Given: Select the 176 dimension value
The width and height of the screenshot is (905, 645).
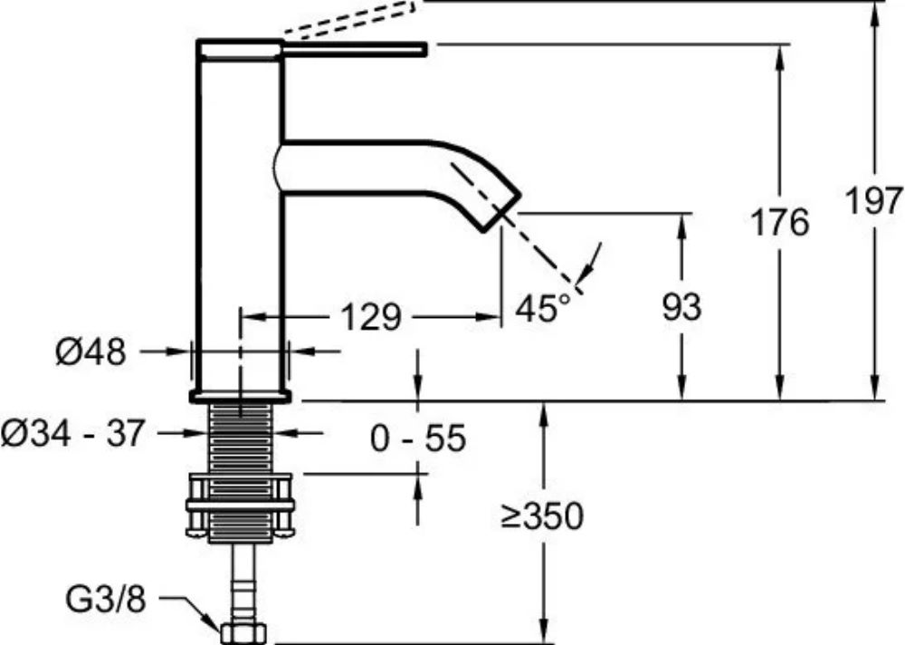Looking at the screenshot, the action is point(780,223).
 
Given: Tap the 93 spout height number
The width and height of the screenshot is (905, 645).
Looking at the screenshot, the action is point(681,306).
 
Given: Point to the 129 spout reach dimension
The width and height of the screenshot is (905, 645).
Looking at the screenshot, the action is point(370,317).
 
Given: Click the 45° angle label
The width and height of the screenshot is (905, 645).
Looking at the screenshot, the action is point(543,307).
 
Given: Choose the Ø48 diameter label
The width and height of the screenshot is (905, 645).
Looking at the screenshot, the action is point(90,351).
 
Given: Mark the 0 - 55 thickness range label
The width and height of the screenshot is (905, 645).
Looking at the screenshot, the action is point(417,438).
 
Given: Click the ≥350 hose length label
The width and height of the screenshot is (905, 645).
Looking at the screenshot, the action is point(542,515).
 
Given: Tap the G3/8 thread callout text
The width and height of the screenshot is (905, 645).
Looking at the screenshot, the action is point(106,600).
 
